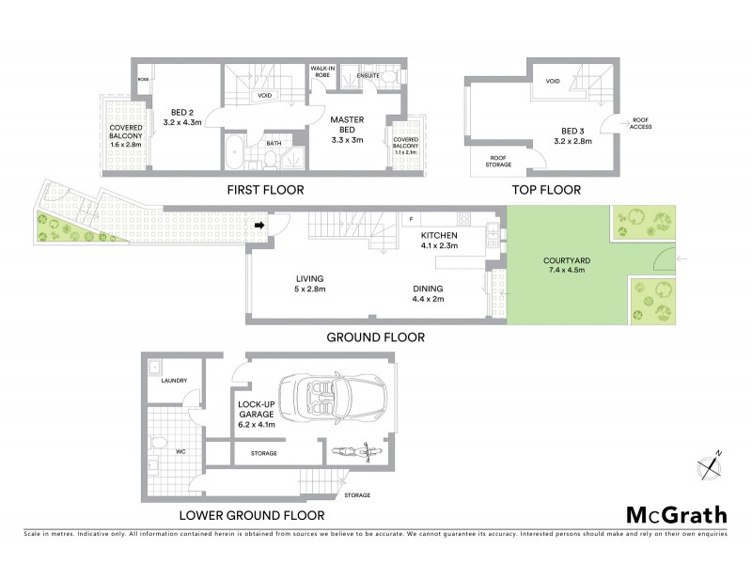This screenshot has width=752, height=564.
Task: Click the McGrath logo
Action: [675, 514]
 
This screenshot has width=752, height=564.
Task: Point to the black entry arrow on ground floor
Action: [258, 225]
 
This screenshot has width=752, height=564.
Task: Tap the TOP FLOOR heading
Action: [546, 191]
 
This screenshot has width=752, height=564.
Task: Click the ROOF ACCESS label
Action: [642, 123]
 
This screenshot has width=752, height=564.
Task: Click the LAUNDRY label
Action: [174, 381]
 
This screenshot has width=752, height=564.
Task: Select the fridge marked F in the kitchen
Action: [410, 220]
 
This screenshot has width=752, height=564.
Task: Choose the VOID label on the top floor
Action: [553, 82]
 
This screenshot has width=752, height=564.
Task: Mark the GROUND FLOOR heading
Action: [376, 337]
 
